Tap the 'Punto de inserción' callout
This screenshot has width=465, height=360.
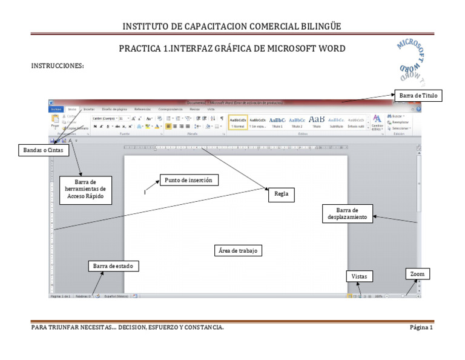tap(188, 180)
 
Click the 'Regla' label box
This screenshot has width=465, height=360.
tap(281, 195)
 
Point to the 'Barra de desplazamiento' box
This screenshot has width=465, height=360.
tap(347, 213)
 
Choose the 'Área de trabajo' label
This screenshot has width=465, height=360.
tap(239, 250)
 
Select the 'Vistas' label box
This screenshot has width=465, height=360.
tap(359, 276)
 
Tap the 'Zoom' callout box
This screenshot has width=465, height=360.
tap(417, 274)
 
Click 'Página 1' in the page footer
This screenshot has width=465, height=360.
tap(421, 328)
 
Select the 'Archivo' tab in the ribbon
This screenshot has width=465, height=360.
tap(56, 109)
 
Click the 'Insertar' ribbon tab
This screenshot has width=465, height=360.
tap(88, 109)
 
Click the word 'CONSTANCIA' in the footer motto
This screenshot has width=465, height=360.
tap(202, 328)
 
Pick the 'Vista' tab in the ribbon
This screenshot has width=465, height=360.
tap(211, 109)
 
